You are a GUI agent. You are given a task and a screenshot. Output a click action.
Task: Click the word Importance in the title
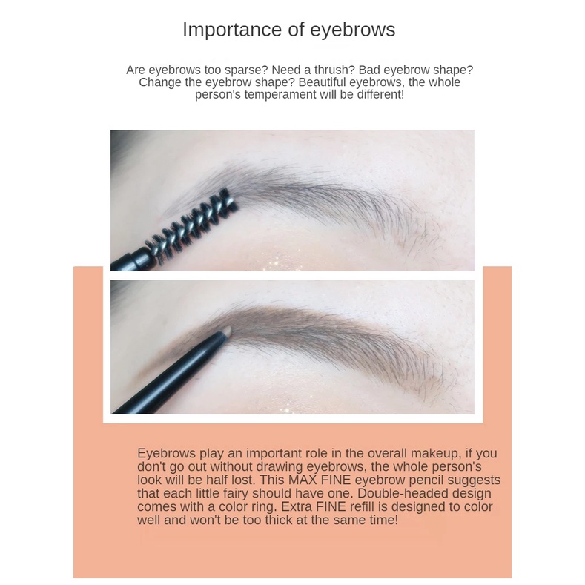pyautogui.click(x=232, y=30)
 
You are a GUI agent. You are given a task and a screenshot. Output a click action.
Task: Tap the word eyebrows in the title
pyautogui.click(x=353, y=30)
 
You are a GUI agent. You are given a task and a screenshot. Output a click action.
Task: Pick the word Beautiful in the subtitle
pyautogui.click(x=323, y=82)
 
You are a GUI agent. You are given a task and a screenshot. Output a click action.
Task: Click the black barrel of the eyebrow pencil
pyautogui.click(x=168, y=373)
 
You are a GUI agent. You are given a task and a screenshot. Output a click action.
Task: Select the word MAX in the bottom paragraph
pyautogui.click(x=302, y=480)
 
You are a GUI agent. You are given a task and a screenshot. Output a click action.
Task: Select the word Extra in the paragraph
pyautogui.click(x=297, y=506)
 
